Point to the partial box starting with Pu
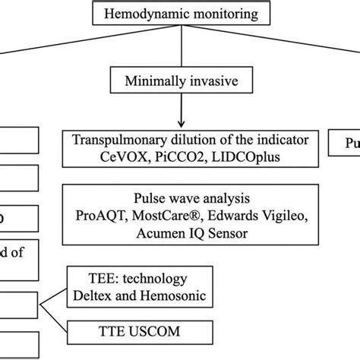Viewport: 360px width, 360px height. click(x=346, y=141)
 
